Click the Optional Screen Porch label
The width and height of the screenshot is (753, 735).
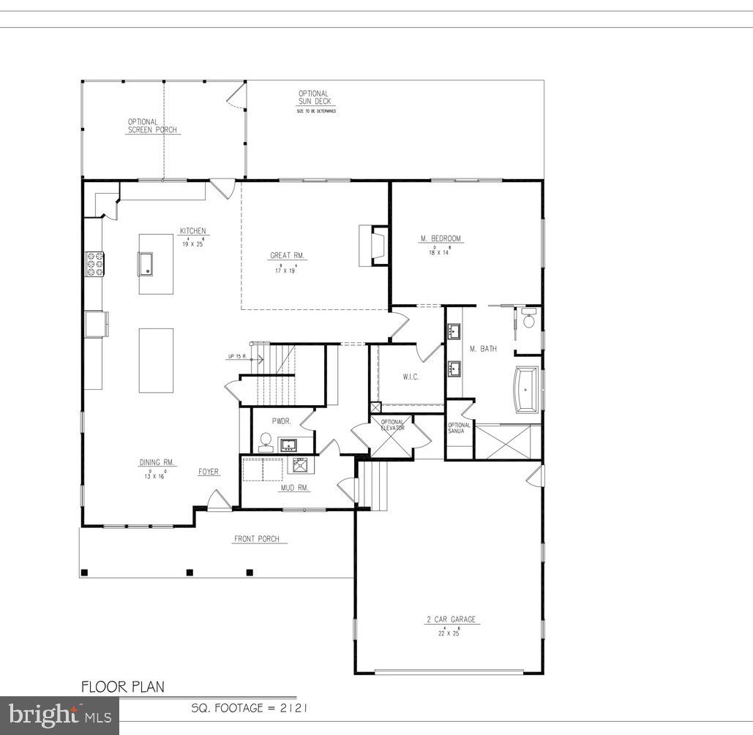[x=152, y=126]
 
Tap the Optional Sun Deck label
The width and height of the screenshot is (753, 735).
[x=313, y=97]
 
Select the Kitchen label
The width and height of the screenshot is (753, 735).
[x=193, y=232]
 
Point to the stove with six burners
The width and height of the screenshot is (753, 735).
[x=96, y=263]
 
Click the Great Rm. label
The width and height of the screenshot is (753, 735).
[x=287, y=256]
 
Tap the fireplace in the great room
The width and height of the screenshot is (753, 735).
[x=374, y=246]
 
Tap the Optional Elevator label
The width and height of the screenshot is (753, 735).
[x=393, y=425]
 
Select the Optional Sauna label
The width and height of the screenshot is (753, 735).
[x=459, y=428]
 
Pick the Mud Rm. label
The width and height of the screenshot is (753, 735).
[x=295, y=487]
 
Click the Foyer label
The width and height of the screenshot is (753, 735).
[x=209, y=472]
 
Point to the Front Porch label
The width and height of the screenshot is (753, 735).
[x=256, y=539]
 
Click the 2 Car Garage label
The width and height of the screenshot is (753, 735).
[x=451, y=619]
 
